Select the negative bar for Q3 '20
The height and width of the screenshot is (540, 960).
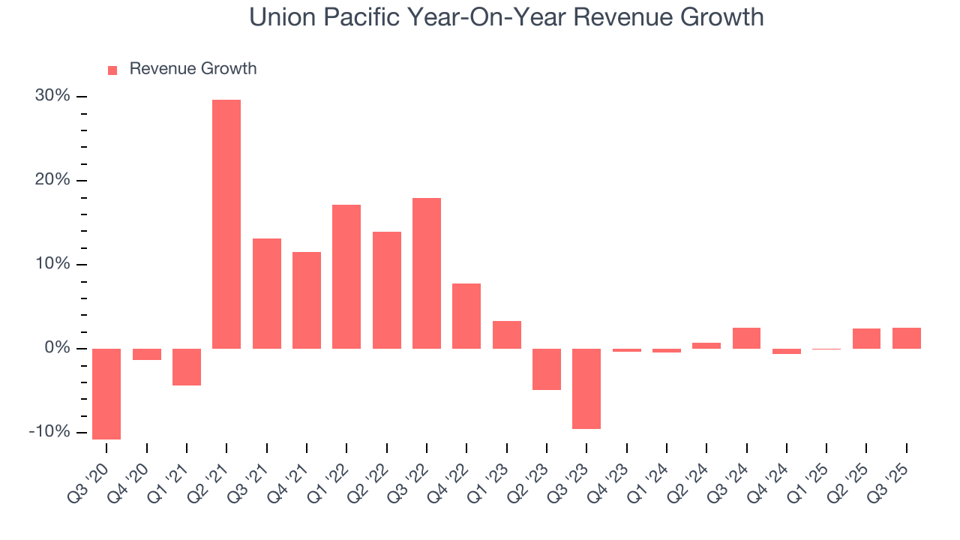click(106, 394)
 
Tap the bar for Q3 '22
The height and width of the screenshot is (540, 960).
click(427, 273)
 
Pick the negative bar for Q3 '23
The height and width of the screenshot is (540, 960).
click(586, 388)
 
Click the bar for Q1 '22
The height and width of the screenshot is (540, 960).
click(346, 276)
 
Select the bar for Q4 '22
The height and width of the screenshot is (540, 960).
click(466, 316)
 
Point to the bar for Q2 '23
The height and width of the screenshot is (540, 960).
click(547, 369)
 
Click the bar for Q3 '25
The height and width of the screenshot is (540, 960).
click(907, 338)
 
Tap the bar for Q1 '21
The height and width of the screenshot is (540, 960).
click(187, 367)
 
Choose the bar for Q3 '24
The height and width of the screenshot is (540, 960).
click(746, 338)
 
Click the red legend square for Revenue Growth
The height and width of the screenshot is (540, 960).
click(112, 70)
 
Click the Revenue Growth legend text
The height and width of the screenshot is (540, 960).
click(193, 69)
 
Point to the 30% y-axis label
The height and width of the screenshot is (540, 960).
click(52, 96)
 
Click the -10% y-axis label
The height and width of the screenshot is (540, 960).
click(49, 432)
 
